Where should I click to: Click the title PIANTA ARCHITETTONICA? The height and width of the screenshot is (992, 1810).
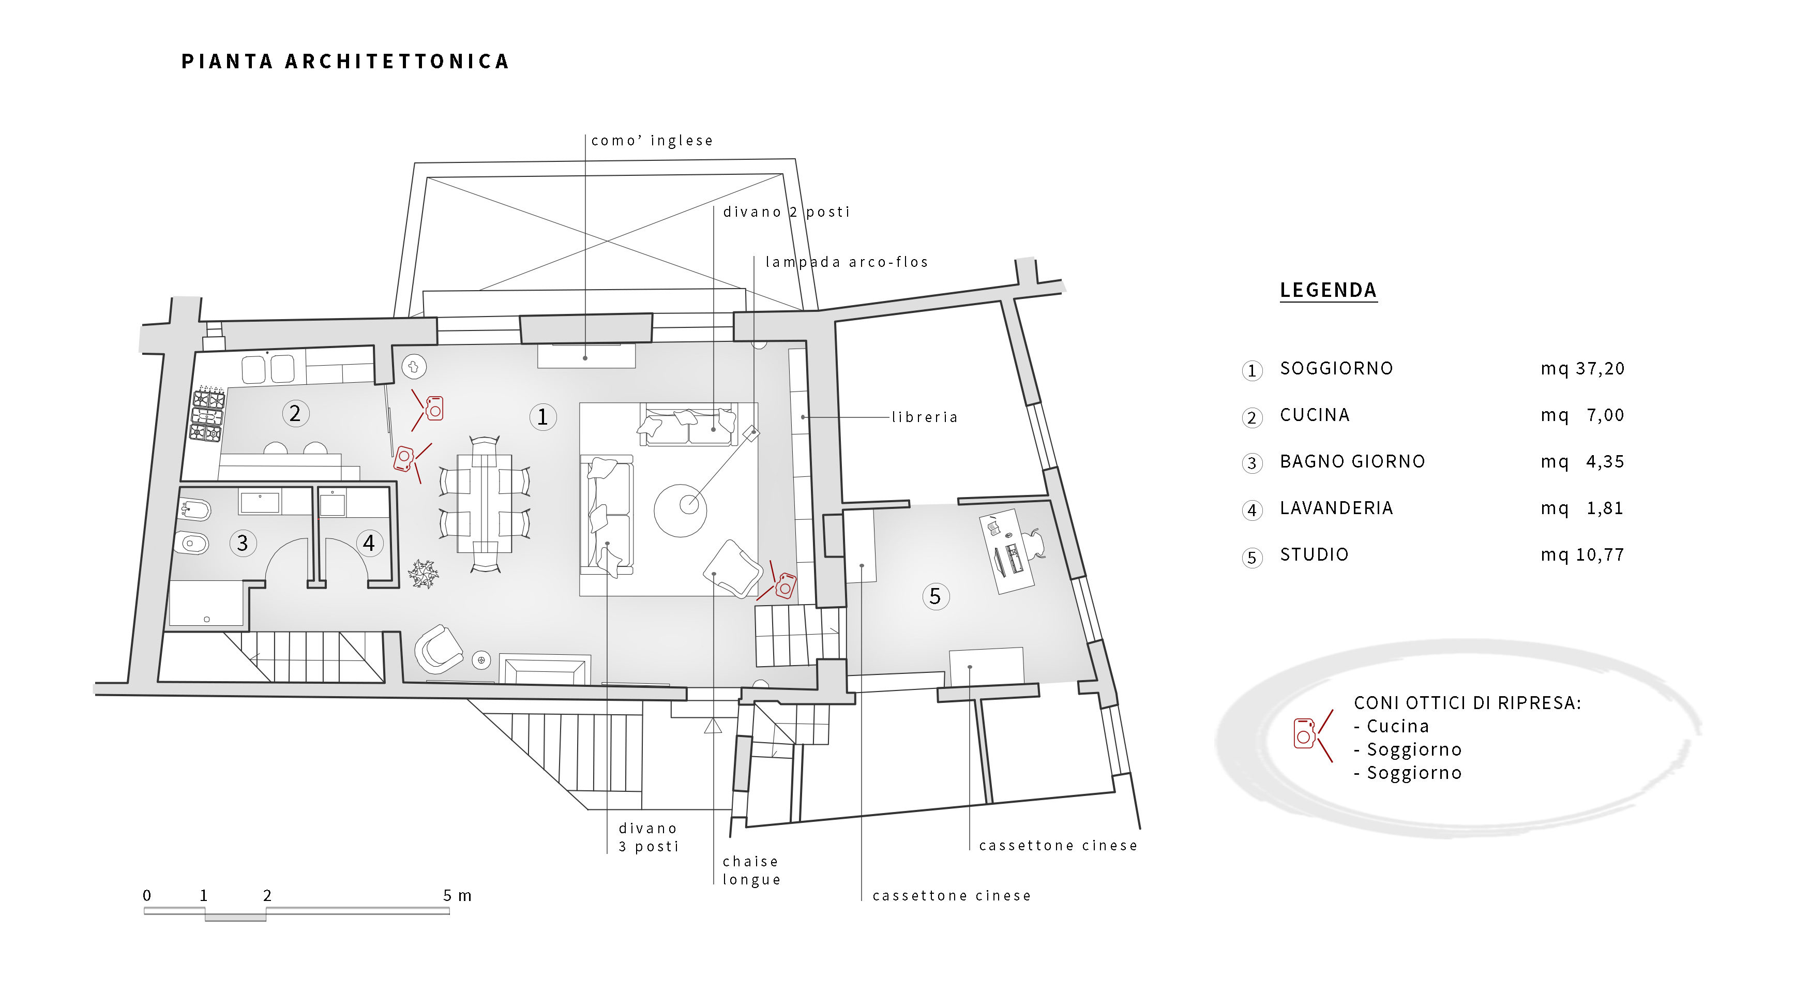pos(345,62)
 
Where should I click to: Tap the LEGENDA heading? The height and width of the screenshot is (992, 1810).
pos(1328,290)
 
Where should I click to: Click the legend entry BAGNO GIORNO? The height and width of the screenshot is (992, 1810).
pos(1352,461)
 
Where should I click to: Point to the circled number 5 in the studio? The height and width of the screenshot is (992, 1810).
pos(935,596)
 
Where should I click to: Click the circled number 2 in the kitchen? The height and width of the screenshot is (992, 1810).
pos(295,414)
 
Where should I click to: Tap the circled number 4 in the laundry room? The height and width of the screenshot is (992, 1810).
pos(369,543)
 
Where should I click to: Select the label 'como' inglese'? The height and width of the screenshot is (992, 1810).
pos(652,141)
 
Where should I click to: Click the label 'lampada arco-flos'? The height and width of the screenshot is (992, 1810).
pos(847,262)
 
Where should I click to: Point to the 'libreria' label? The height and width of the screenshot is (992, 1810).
pos(925,417)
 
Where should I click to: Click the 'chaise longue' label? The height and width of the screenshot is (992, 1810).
pos(751,870)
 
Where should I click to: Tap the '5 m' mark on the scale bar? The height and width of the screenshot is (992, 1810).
pos(457,896)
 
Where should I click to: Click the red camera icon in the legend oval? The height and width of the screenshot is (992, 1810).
pos(1305,733)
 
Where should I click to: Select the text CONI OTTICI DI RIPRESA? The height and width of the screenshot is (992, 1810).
pos(1467,703)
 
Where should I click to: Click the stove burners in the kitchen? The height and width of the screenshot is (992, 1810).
pos(208,414)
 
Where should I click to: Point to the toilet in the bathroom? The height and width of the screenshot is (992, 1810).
pos(192,543)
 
